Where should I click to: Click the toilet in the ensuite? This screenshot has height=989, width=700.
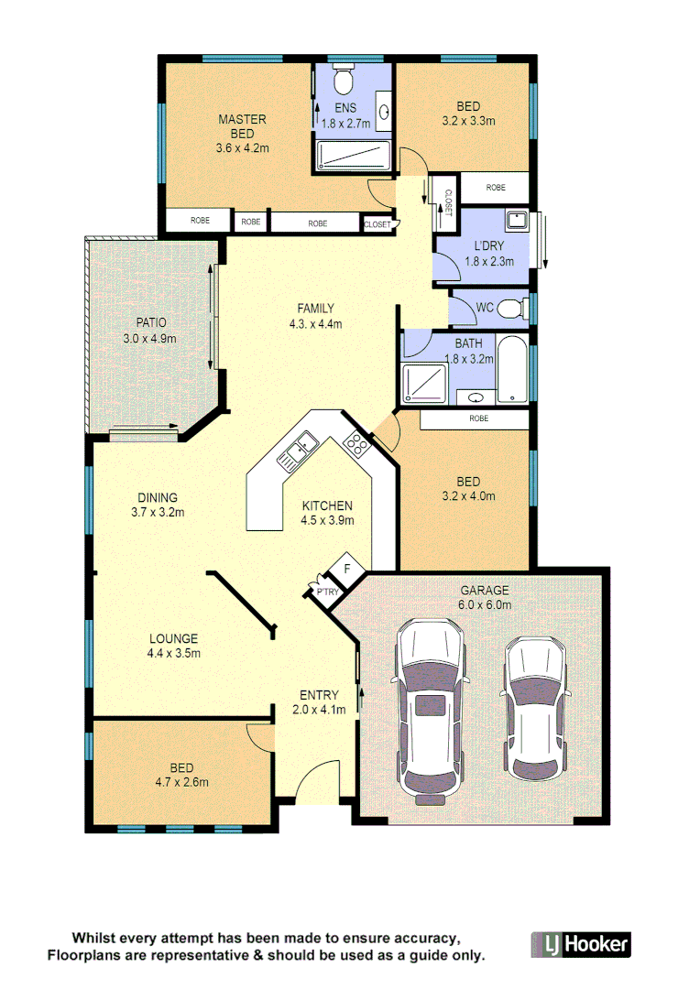(x=344, y=81)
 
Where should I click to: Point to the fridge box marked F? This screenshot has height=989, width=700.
(x=346, y=570)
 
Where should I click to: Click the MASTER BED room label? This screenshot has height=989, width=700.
(x=242, y=126)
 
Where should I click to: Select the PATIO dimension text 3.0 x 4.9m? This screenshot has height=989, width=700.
(x=150, y=338)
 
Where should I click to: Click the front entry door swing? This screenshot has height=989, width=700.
(x=312, y=784)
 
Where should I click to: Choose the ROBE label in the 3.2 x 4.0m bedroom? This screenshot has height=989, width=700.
(x=478, y=418)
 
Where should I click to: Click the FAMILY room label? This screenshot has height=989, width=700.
(x=315, y=308)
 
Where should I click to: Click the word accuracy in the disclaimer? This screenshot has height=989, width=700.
(x=425, y=939)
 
